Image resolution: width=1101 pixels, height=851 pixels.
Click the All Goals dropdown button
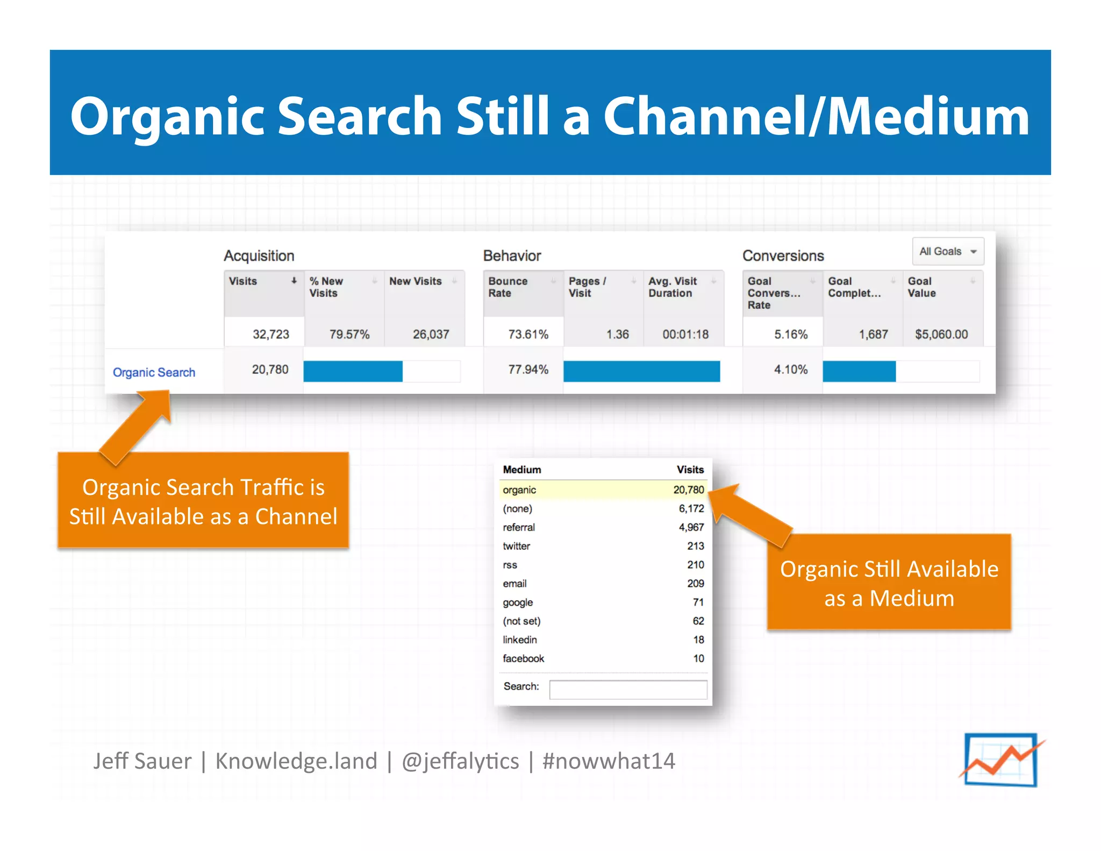tap(947, 251)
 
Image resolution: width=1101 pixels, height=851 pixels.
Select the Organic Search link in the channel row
tap(154, 372)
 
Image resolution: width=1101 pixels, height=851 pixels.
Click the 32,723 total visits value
tap(270, 334)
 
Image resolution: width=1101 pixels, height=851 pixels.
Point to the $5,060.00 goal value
tap(941, 334)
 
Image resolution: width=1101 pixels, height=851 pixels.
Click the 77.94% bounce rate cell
tap(528, 370)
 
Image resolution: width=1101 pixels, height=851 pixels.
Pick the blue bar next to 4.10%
tap(859, 371)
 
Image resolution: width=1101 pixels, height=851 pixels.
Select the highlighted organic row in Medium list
tap(602, 490)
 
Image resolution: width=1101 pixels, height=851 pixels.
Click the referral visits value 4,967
tap(691, 527)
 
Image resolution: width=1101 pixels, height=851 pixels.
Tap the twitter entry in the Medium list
tap(516, 546)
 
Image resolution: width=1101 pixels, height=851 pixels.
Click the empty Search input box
tap(627, 689)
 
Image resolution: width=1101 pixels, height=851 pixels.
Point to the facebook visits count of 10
tap(698, 658)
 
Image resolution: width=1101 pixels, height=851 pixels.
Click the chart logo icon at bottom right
tap(1000, 760)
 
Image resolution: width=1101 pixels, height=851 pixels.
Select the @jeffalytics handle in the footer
tap(460, 761)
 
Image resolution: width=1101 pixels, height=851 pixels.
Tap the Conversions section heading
tap(783, 256)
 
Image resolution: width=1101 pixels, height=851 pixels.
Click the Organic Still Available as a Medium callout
tap(889, 583)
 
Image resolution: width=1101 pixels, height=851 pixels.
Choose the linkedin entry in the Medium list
tap(519, 640)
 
